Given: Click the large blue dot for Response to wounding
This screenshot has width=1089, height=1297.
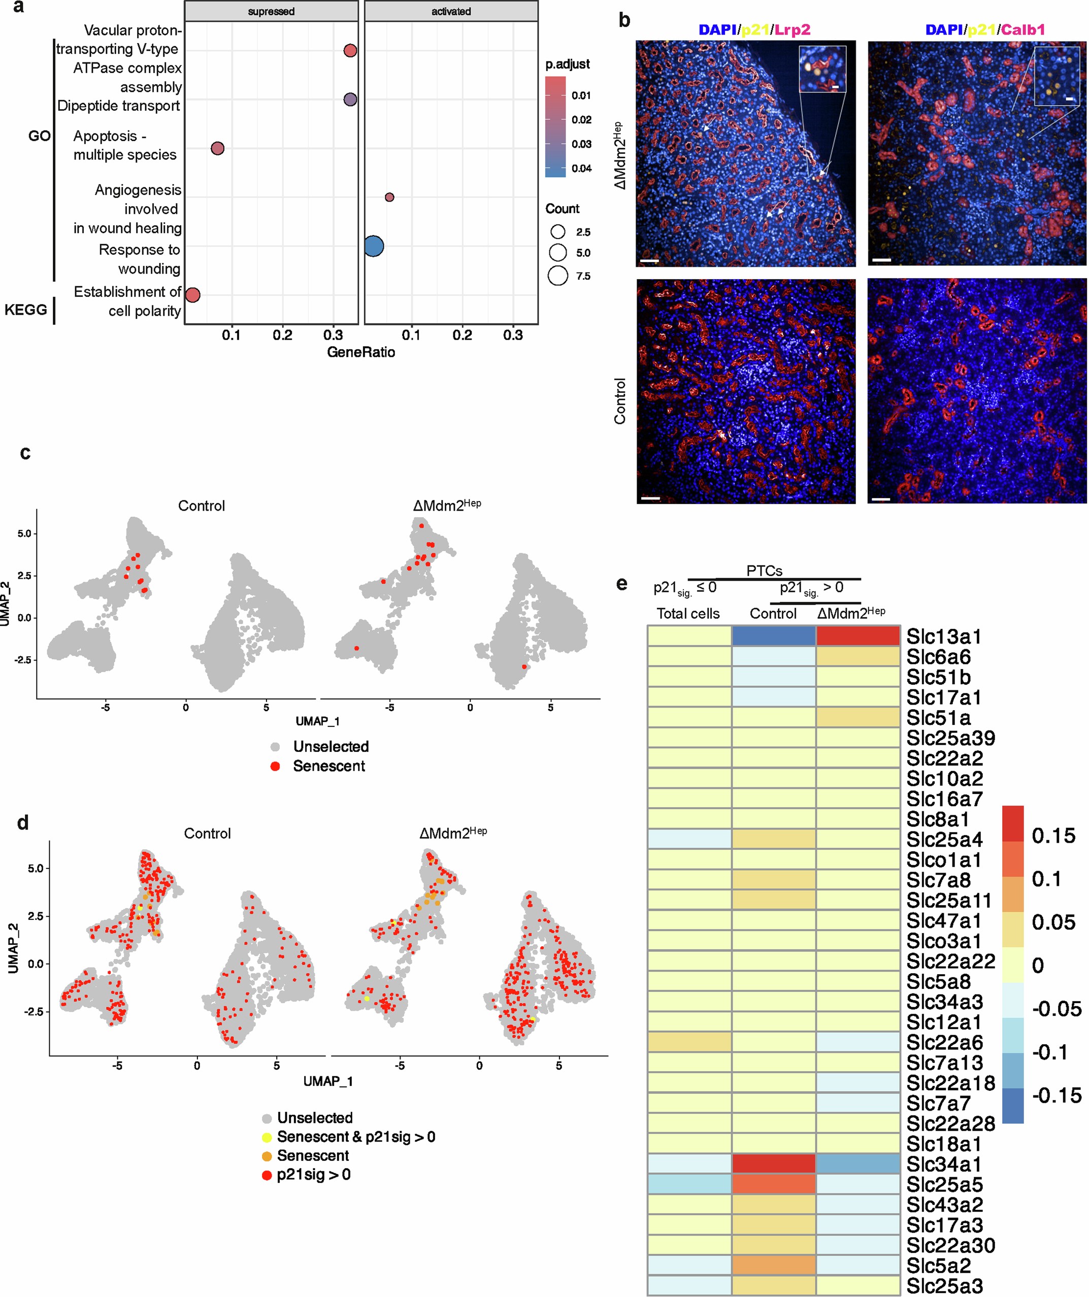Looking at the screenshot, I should pyautogui.click(x=373, y=246).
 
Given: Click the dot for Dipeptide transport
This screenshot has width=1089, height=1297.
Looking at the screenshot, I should pyautogui.click(x=350, y=99).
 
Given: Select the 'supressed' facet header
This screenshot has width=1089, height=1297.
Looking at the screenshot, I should pyautogui.click(x=271, y=11).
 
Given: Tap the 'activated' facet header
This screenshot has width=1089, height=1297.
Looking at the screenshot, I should pyautogui.click(x=451, y=11).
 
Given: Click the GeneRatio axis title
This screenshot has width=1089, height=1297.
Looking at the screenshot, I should pyautogui.click(x=361, y=352).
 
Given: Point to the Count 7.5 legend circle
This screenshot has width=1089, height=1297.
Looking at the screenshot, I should pyautogui.click(x=558, y=276).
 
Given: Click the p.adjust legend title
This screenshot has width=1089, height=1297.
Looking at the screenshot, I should pyautogui.click(x=567, y=64).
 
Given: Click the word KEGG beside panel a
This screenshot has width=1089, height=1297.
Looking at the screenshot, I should pyautogui.click(x=25, y=310).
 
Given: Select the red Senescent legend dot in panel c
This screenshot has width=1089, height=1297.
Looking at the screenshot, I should pyautogui.click(x=276, y=766).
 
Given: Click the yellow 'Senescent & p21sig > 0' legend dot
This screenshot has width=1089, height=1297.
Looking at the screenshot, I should pyautogui.click(x=267, y=1137).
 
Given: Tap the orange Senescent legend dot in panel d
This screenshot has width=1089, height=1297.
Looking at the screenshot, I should pyautogui.click(x=267, y=1155).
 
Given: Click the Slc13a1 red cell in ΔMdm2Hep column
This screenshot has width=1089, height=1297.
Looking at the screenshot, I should pyautogui.click(x=857, y=636).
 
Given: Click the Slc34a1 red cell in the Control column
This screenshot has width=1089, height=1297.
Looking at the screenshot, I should pyautogui.click(x=773, y=1164).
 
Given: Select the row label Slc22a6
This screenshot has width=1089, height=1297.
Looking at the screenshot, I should pyautogui.click(x=944, y=1043).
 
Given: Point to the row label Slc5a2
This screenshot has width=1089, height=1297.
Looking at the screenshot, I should pyautogui.click(x=938, y=1266).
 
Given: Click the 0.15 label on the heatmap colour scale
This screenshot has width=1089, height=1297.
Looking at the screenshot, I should pyautogui.click(x=1053, y=836).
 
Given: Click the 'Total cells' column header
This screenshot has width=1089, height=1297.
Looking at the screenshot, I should pyautogui.click(x=687, y=613).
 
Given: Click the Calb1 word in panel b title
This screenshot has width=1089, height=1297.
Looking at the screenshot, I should pyautogui.click(x=1023, y=29).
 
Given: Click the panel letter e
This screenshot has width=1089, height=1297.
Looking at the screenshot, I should pyautogui.click(x=621, y=583).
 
